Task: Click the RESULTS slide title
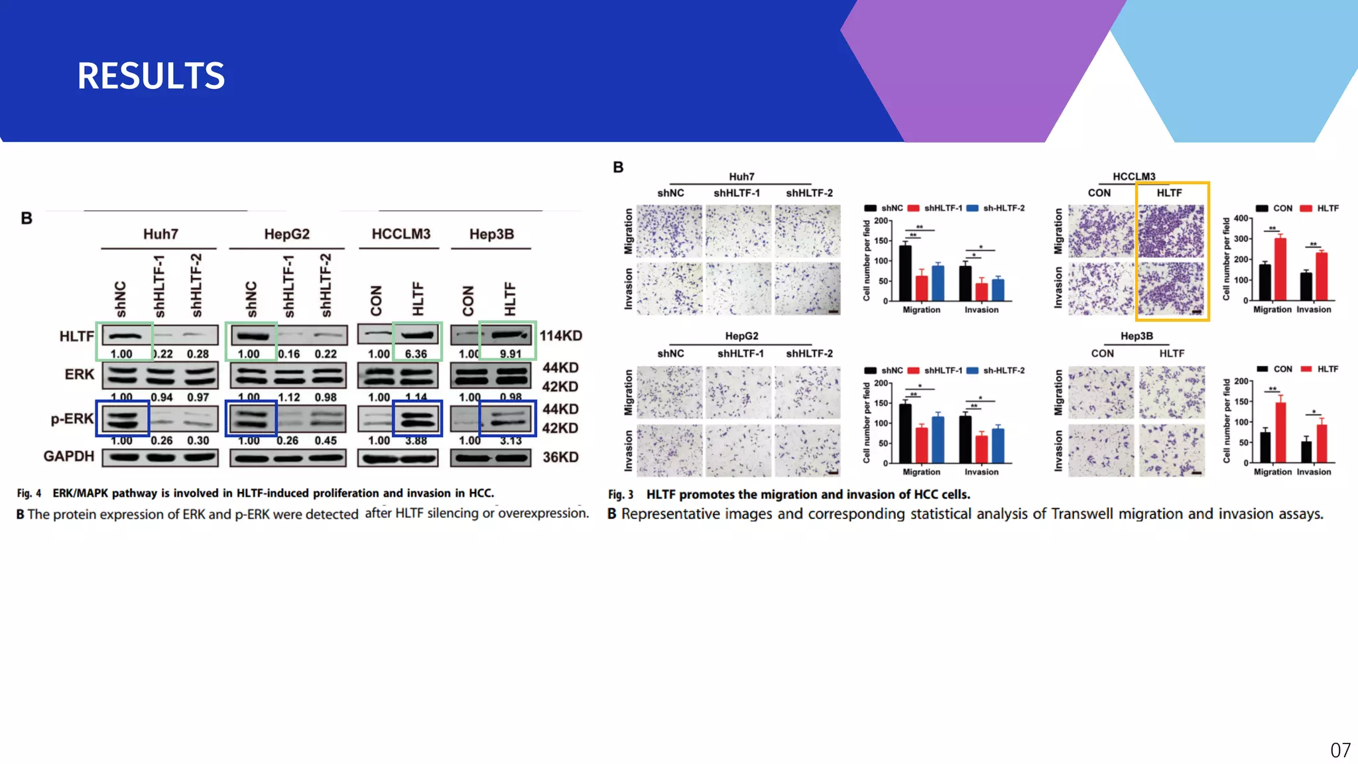pyautogui.click(x=151, y=76)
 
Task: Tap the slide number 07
pyautogui.click(x=1340, y=750)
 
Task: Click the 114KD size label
pyautogui.click(x=560, y=336)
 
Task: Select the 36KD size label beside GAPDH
pyautogui.click(x=560, y=457)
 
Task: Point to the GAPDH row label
pyautogui.click(x=69, y=456)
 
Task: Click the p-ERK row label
pyautogui.click(x=72, y=418)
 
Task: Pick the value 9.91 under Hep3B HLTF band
pyautogui.click(x=511, y=354)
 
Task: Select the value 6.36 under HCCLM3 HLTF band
pyautogui.click(x=416, y=354)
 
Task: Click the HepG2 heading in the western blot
pyautogui.click(x=286, y=234)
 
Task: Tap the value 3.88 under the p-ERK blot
pyautogui.click(x=416, y=440)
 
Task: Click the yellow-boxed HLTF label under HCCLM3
pyautogui.click(x=1169, y=193)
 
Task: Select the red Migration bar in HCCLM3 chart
pyautogui.click(x=1280, y=269)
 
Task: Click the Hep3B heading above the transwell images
pyautogui.click(x=1137, y=336)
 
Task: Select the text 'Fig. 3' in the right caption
pyautogui.click(x=621, y=495)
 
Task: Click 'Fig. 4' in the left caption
pyautogui.click(x=29, y=493)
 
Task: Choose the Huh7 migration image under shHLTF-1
pyautogui.click(x=738, y=231)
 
